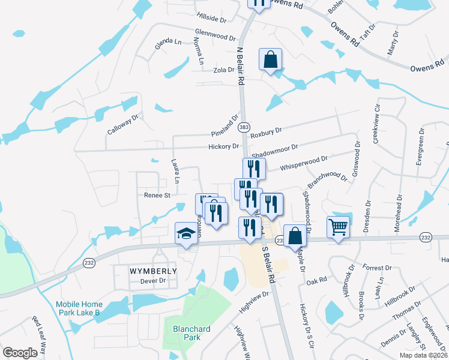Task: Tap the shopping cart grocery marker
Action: pos(339,227)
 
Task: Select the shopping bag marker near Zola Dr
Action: pos(271,59)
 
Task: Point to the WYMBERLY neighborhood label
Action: pos(154,271)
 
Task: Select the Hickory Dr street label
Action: pos(223,146)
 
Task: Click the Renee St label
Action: pos(157,195)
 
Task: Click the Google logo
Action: pos(20,352)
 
